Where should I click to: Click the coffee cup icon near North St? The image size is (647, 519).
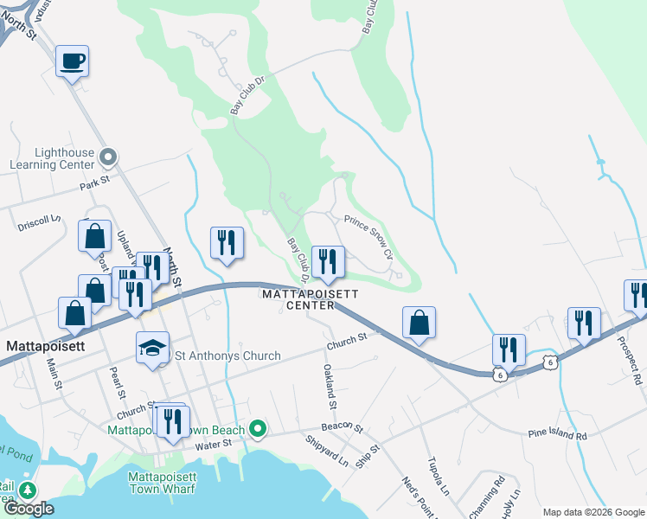[x=73, y=61]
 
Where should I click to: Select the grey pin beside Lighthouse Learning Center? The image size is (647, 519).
[x=108, y=157]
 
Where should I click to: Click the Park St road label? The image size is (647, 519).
[x=96, y=183]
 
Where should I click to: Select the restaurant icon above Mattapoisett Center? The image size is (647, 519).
[x=328, y=262]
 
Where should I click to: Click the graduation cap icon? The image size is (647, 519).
[x=152, y=349]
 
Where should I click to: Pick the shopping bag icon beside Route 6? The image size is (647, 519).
[x=419, y=323]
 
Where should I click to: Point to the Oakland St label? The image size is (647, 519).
[x=329, y=386]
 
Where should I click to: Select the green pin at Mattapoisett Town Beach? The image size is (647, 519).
[x=257, y=428]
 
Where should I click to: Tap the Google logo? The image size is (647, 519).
[x=29, y=509]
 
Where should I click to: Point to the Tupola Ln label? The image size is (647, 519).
[x=438, y=477]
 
